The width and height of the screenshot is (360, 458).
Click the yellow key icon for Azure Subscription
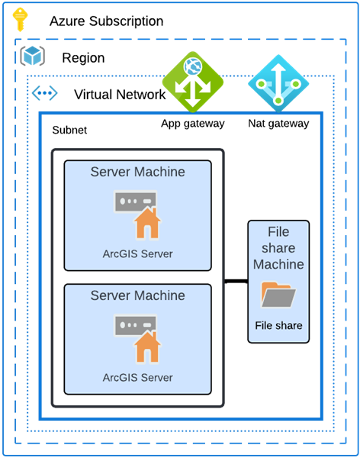[21, 21]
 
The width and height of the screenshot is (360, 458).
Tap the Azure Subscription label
[106, 21]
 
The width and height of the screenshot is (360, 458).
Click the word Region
[83, 58]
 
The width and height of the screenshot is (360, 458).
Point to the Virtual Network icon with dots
[44, 94]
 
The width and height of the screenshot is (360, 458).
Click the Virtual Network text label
[120, 95]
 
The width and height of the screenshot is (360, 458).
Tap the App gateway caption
[192, 124]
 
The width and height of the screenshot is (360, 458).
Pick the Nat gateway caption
[278, 124]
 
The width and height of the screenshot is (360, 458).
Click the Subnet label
[69, 131]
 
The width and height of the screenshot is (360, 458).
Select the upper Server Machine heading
[137, 173]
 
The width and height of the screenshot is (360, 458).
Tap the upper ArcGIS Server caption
[137, 254]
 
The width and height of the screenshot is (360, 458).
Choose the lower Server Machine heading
[137, 295]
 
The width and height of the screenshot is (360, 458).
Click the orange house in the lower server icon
[146, 348]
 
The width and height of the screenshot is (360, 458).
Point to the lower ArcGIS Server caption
[137, 377]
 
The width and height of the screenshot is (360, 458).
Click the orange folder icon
[278, 295]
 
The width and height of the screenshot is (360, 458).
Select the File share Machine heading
[278, 248]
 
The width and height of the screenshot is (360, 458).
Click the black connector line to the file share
[236, 282]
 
